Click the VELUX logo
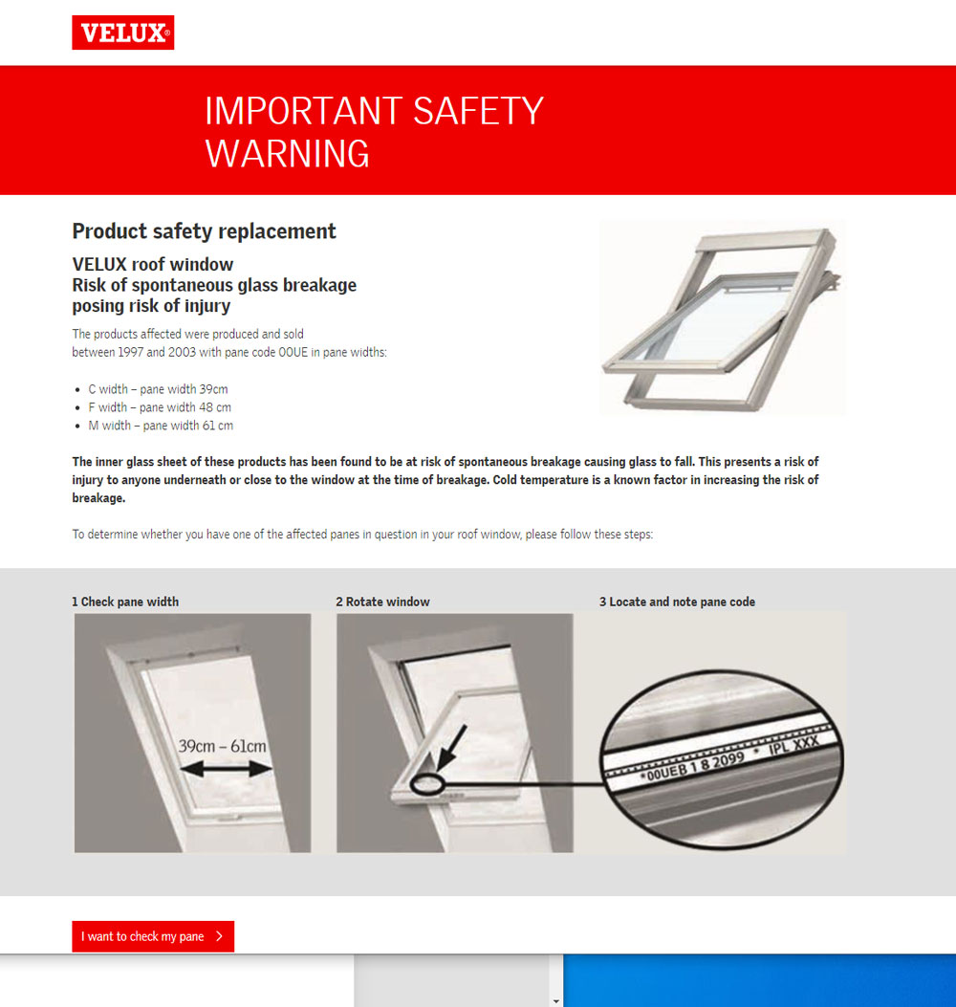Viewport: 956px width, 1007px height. [122, 33]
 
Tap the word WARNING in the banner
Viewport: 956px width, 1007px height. [287, 154]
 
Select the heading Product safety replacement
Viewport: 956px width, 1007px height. [204, 231]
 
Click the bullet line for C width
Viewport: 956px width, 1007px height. [158, 389]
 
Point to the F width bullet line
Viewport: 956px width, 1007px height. [159, 407]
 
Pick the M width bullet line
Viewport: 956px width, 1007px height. [161, 426]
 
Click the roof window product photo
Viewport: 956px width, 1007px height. [722, 316]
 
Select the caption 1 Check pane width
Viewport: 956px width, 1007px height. [125, 602]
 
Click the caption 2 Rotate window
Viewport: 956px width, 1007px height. [382, 602]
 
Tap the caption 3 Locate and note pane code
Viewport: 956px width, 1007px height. [677, 602]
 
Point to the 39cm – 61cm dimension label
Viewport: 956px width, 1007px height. [223, 746]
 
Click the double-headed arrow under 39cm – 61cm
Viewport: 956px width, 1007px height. [227, 769]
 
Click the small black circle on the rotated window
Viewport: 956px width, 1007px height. [426, 784]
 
